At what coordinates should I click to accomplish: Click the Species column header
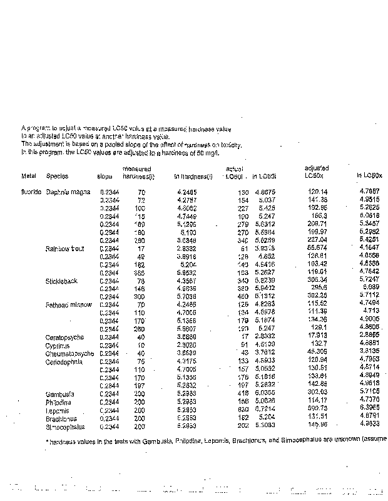pos(58,176)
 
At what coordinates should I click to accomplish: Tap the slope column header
pos(105,176)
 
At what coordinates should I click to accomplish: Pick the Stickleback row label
pos(61,281)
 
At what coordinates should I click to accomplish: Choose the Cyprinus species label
pos(58,345)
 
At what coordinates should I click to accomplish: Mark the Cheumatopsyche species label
pos(69,353)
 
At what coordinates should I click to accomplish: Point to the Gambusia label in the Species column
pos(60,394)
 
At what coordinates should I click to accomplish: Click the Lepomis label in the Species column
pos(58,410)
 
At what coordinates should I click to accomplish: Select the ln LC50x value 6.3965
pos(369,410)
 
